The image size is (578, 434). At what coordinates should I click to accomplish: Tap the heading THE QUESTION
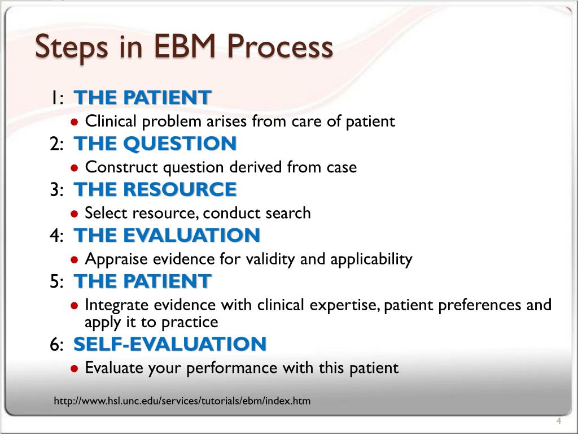(x=155, y=144)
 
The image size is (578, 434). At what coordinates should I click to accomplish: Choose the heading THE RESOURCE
(x=155, y=190)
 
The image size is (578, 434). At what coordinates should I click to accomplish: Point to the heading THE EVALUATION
(x=167, y=236)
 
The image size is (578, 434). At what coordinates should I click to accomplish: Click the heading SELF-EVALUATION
(x=170, y=344)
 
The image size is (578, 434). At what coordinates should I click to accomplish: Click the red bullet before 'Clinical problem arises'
(x=75, y=121)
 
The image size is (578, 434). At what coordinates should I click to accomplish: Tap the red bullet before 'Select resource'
(x=75, y=214)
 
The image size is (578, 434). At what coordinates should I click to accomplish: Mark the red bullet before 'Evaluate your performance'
(x=75, y=369)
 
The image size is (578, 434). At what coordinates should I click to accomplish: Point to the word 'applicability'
(x=371, y=260)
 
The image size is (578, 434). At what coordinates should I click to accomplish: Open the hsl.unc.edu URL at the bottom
(x=182, y=401)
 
